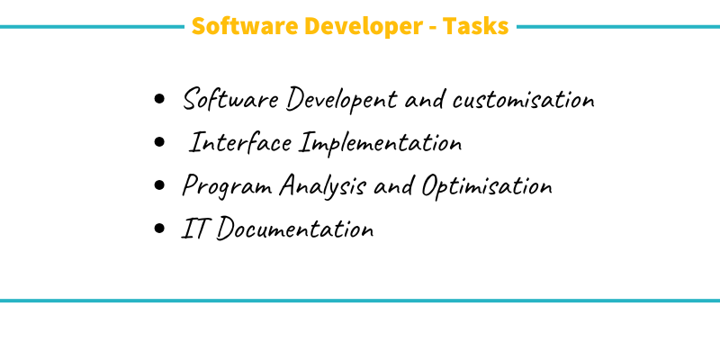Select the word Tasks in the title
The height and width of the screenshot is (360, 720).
click(x=477, y=26)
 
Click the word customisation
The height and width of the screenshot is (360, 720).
click(x=523, y=99)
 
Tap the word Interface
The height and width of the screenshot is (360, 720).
click(x=241, y=143)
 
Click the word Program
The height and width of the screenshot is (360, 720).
click(x=227, y=186)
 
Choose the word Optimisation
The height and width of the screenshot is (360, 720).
click(x=485, y=186)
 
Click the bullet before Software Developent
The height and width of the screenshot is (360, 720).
click(x=160, y=99)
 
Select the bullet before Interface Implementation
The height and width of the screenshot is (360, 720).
click(x=160, y=142)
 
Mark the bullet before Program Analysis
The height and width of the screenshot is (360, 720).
click(x=160, y=185)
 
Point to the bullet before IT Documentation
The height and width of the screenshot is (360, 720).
click(x=160, y=229)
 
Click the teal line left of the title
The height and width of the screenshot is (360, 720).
click(x=90, y=26)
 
